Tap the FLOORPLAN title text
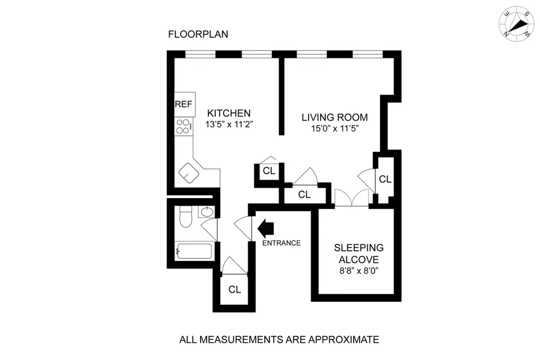tap(198, 34)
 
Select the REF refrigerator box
tap(184, 104)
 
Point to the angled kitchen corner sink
tap(189, 172)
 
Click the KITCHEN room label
tap(229, 112)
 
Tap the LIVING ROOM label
tap(334, 117)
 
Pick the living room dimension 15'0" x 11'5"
tap(334, 129)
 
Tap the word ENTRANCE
tap(281, 243)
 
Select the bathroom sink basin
tap(207, 211)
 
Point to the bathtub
tap(194, 251)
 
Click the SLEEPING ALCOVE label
tap(359, 253)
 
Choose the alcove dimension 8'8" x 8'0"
tap(359, 272)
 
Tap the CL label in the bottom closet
tap(234, 289)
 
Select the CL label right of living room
tap(385, 179)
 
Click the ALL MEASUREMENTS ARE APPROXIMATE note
tap(279, 339)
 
